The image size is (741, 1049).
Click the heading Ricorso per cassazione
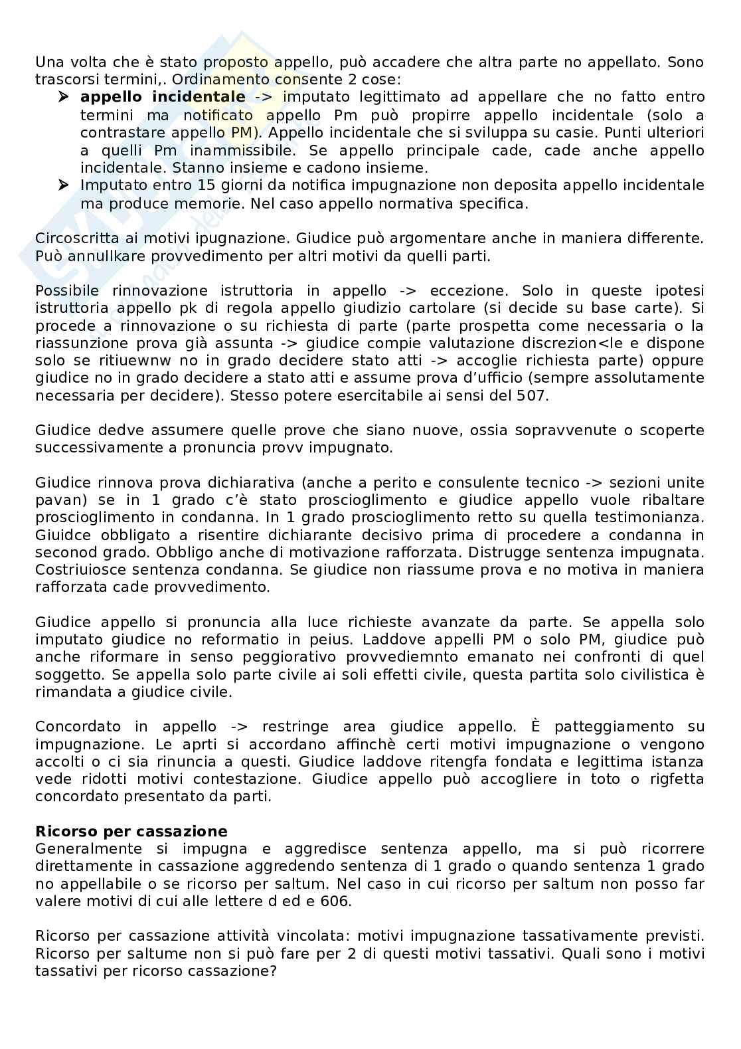(131, 831)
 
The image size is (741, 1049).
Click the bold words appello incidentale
(162, 97)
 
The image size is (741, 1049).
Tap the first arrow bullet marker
(64, 97)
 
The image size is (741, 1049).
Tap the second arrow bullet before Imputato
(64, 185)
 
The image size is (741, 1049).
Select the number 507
(529, 395)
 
